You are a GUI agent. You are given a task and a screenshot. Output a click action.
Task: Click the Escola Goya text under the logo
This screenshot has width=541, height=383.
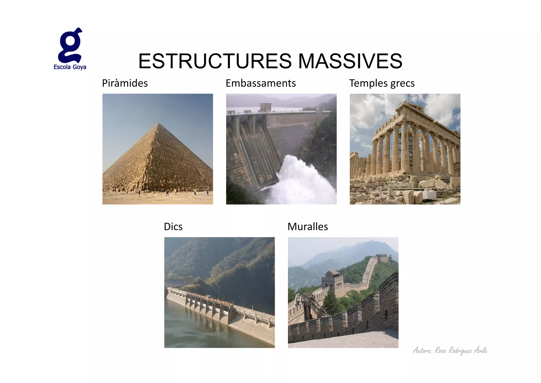70,67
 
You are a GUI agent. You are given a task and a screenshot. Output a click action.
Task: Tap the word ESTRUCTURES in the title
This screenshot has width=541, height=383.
215,61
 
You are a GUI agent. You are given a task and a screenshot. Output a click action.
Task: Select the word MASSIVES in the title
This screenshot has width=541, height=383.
350,61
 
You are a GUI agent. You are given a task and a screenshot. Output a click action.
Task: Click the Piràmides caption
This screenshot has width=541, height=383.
125,83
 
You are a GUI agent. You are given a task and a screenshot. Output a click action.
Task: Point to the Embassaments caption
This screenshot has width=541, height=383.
261,83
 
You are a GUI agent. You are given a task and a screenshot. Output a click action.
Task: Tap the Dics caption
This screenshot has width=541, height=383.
173,227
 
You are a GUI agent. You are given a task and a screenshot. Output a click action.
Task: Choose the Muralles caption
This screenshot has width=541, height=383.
308,227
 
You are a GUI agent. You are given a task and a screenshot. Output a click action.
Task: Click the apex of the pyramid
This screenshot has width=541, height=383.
158,124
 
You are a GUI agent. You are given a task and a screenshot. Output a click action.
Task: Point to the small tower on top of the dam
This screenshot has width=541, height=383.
265,107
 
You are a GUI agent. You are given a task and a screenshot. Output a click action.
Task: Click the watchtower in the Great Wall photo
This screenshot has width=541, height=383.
332,281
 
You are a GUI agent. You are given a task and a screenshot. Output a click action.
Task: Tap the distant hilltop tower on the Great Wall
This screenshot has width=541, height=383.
381,258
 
